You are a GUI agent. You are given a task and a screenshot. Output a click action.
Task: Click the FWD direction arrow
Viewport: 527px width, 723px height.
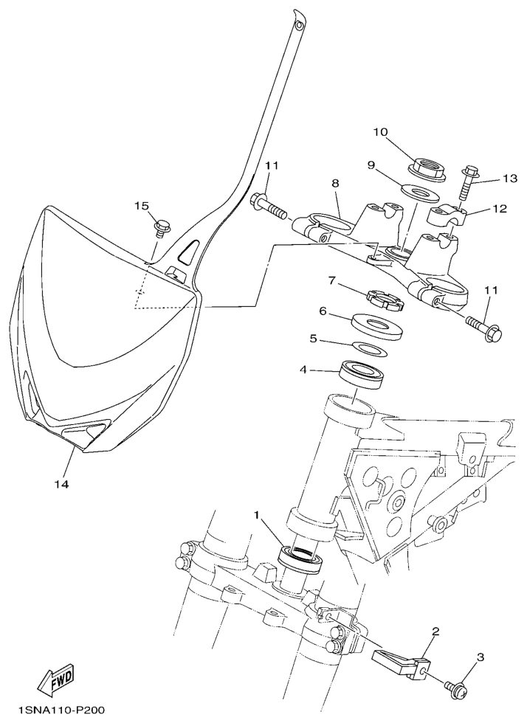point(58,678)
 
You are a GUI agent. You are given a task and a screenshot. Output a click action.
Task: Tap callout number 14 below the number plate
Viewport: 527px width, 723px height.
point(62,484)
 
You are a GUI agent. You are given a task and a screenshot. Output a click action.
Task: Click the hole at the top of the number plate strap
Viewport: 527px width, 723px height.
point(300,24)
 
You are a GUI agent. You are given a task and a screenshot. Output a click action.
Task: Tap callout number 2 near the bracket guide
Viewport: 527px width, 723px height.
point(435,631)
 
